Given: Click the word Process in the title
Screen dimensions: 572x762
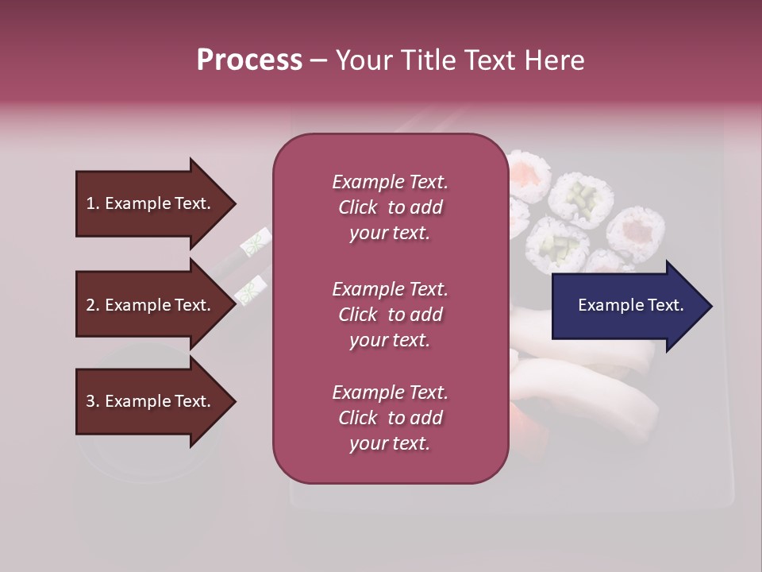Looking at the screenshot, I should point(249,60).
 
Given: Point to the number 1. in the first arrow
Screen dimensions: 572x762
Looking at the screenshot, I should point(93,203).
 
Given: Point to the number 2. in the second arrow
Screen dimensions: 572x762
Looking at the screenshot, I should point(93,305).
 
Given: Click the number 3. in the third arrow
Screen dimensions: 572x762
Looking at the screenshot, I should point(93,401).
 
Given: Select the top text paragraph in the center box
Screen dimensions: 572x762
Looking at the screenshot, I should point(390,207).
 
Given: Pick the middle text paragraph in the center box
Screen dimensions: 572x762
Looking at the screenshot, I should point(390,315).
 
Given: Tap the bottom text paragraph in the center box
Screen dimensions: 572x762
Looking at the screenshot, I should point(390,418).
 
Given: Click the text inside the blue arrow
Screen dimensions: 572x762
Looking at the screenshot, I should point(631,305).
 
